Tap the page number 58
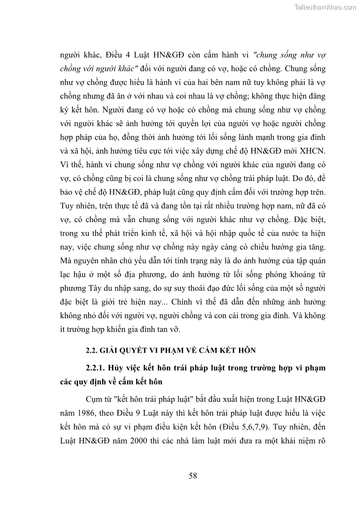coord(193,475)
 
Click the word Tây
coord(96,288)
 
